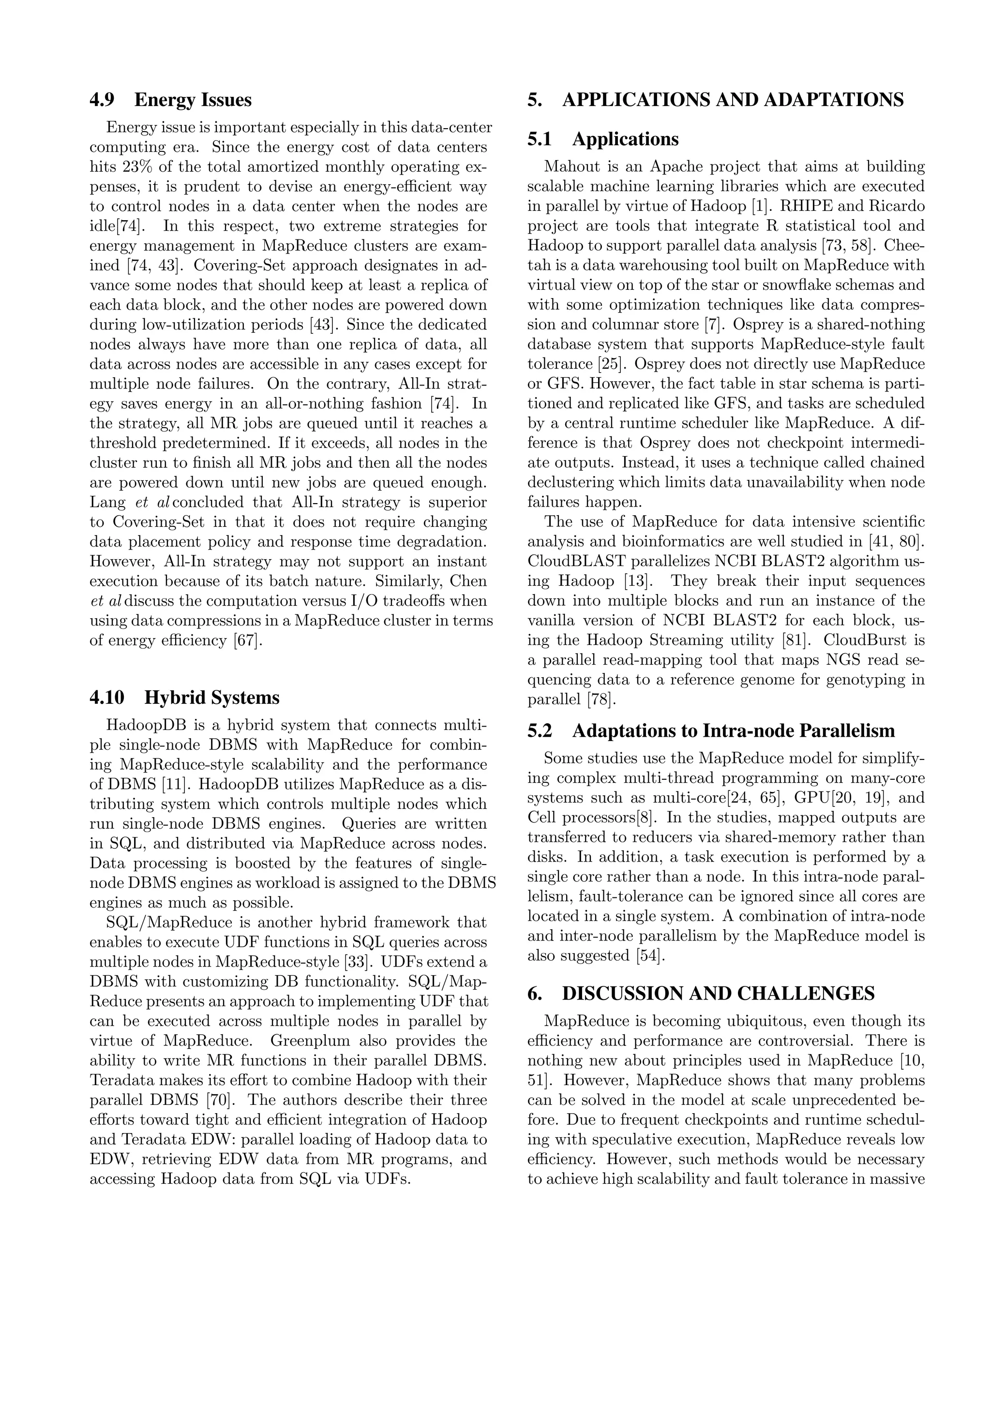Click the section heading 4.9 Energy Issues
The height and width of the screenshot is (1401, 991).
coord(170,100)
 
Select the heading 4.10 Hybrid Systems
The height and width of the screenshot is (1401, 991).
coord(184,698)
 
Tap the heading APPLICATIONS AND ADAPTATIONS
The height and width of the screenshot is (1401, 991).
coord(715,100)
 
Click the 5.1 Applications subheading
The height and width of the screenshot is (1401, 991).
coord(603,139)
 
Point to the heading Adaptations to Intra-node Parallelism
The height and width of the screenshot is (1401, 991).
coord(711,730)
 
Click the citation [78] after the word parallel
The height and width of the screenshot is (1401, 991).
coord(601,699)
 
